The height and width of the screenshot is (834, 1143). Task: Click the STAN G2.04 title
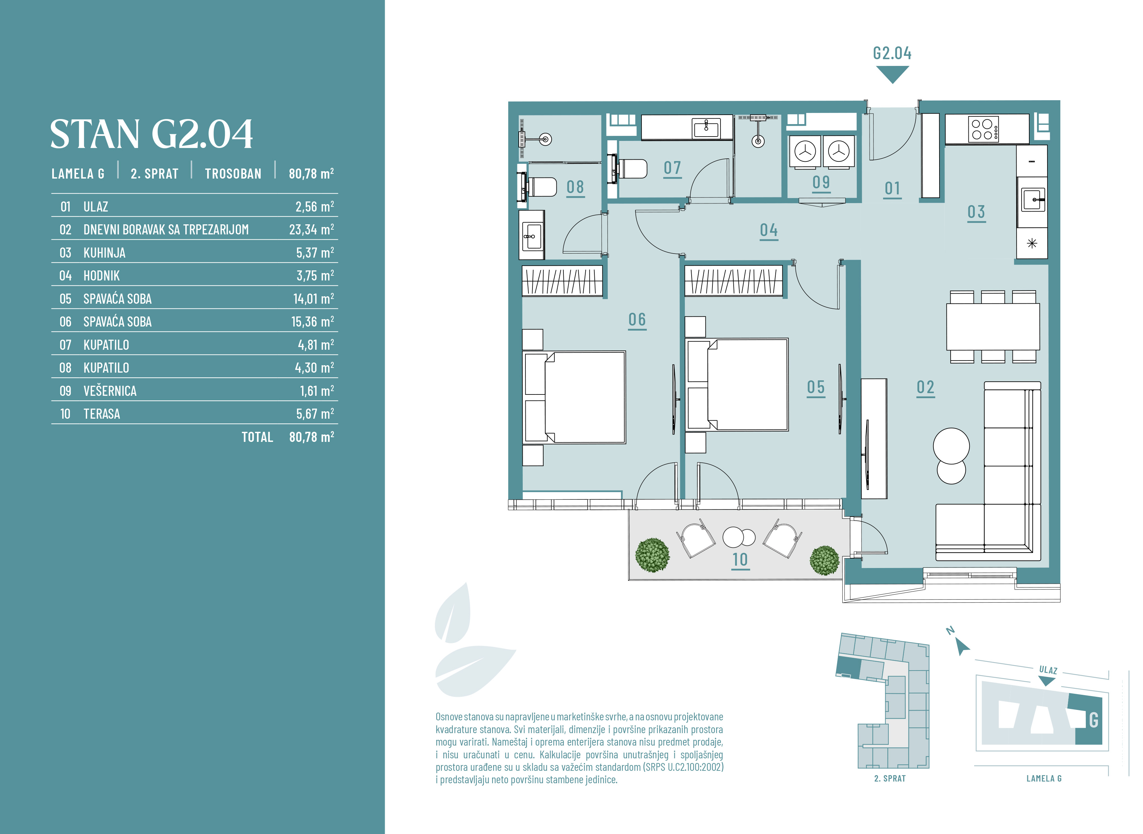coord(151,134)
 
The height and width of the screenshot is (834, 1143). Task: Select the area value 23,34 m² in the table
coord(311,229)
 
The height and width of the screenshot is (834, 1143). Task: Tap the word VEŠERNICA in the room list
coord(110,391)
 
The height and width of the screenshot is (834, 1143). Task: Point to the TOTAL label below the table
coord(257,437)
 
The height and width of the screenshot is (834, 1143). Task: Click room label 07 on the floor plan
coord(672,168)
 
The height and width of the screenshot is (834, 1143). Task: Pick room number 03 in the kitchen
coord(976,212)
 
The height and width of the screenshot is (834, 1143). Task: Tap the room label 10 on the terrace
coord(740,560)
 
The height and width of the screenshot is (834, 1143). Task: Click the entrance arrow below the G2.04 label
coord(892,75)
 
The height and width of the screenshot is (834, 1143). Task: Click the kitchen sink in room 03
coord(1032,200)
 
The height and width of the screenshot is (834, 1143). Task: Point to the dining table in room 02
coord(993,327)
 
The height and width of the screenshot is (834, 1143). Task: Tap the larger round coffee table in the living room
coord(951,446)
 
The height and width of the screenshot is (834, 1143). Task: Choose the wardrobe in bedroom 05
coord(734,281)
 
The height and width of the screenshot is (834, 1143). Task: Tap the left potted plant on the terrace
coord(652,555)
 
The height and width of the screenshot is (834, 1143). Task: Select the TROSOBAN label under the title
coord(233,174)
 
